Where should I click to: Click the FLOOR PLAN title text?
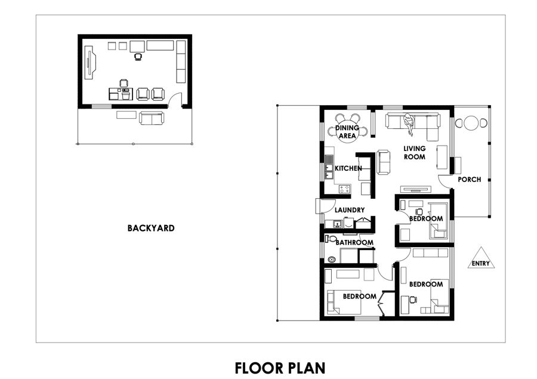click(x=280, y=368)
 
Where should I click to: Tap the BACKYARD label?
click(x=151, y=228)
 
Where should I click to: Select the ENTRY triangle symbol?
click(x=481, y=258)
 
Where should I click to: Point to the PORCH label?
click(x=469, y=179)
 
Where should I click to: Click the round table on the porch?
click(x=471, y=123)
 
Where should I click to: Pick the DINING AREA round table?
click(x=347, y=132)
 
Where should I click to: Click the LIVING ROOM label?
click(x=415, y=152)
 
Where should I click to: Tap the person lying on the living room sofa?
click(x=409, y=124)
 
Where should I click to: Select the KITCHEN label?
click(x=348, y=168)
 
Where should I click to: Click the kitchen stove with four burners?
click(x=345, y=189)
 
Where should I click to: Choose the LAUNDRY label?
click(x=350, y=210)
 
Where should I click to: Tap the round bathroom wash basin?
click(x=331, y=260)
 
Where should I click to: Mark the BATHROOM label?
click(x=354, y=242)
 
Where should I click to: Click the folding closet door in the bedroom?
click(x=384, y=303)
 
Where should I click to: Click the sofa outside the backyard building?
click(x=152, y=118)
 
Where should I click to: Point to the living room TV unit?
click(x=416, y=189)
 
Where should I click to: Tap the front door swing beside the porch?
click(x=445, y=181)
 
